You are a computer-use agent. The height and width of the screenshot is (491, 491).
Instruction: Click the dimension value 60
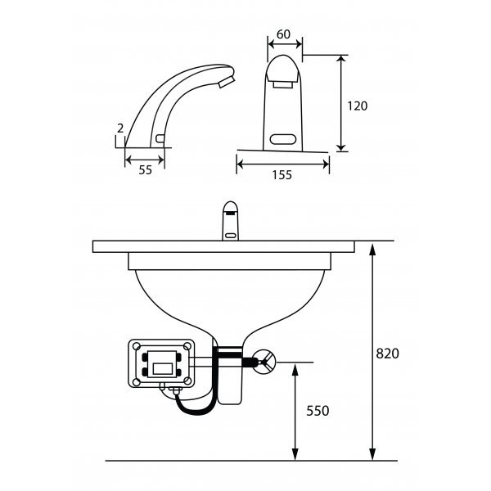(283, 34)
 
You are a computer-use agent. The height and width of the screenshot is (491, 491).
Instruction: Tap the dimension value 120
(357, 106)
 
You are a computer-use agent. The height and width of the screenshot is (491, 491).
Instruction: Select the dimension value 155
(283, 174)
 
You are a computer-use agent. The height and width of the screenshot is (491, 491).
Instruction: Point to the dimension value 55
(145, 169)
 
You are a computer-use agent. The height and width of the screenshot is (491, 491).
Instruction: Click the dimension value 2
(121, 128)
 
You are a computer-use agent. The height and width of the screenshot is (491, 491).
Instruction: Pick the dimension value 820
(387, 354)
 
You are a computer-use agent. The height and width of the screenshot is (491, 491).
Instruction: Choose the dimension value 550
(318, 411)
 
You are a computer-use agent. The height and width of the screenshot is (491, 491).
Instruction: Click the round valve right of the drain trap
(264, 361)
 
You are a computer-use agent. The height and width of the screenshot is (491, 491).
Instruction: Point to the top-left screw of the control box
(137, 346)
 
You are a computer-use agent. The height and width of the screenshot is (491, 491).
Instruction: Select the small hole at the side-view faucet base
(159, 137)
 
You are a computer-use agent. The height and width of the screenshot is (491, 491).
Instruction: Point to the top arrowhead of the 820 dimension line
(373, 248)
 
